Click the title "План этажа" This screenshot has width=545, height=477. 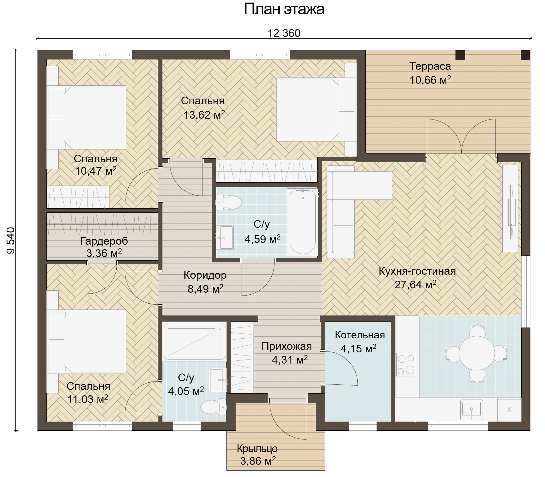tap(284, 9)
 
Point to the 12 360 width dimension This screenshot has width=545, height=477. tap(284, 33)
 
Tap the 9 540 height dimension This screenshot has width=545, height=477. tap(11, 240)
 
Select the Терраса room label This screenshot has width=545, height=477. tap(430, 66)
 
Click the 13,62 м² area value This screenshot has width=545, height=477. tap(204, 115)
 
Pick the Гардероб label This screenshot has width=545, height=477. tap(104, 241)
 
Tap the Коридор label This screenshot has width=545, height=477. tap(205, 275)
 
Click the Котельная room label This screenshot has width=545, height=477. tap(360, 335)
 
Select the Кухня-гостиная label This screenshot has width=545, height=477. tap(417, 271)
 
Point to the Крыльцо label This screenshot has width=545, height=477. tap(257, 449)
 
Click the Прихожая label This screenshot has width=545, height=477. tap(287, 346)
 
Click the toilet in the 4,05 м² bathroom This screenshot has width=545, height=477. tap(213, 407)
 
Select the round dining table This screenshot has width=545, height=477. tap(477, 353)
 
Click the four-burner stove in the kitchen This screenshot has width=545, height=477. tap(406, 364)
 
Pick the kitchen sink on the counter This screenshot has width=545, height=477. tap(471, 410)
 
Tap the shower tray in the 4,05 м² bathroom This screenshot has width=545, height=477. tap(194, 342)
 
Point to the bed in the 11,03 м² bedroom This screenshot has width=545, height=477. tap(87, 342)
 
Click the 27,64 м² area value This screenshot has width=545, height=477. tap(415, 284)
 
